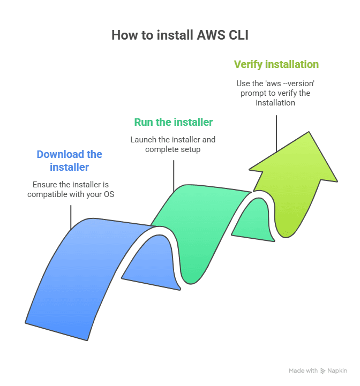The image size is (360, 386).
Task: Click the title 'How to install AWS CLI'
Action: coord(180,35)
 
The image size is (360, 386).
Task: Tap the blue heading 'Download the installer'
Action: coord(69,161)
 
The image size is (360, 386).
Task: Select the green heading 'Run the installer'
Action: coord(173,122)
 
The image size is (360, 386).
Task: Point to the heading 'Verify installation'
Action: coord(276,64)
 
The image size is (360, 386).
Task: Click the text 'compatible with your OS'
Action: coord(71,194)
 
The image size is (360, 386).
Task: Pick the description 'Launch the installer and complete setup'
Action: coord(172,145)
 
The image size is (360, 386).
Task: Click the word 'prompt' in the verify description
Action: coord(251,93)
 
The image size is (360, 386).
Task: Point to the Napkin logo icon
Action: coord(322,370)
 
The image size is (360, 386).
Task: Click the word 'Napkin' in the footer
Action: coord(337,370)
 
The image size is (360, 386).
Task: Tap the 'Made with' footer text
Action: coord(303,370)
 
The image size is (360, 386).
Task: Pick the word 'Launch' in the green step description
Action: coord(143,140)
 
